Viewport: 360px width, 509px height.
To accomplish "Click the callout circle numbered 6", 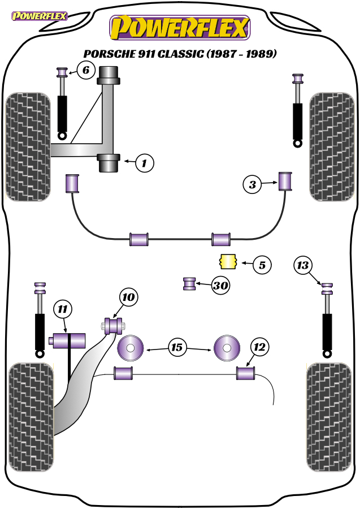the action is click(x=86, y=70).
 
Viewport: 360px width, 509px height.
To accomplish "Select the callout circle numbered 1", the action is click(x=144, y=163).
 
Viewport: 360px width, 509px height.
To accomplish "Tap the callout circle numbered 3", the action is click(x=252, y=185).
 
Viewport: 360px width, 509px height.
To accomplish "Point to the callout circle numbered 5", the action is click(x=262, y=265).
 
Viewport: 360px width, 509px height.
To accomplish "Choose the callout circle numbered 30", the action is click(x=220, y=286).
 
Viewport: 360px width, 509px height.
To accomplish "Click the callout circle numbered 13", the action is click(x=303, y=265).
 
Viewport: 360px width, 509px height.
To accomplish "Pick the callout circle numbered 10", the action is click(x=129, y=297).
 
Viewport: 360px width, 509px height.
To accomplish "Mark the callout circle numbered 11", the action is click(x=63, y=309).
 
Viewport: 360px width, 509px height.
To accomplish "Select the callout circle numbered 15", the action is click(x=177, y=348).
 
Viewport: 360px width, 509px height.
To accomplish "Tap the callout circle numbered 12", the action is click(x=259, y=347).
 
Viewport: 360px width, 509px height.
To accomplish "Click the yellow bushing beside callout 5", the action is click(x=228, y=261).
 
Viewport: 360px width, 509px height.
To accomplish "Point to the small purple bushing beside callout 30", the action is click(x=189, y=284).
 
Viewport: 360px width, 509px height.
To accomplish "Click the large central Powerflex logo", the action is click(x=180, y=28).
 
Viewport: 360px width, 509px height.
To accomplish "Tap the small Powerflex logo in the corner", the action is click(x=40, y=16).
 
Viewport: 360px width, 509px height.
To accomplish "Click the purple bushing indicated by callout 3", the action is click(x=285, y=181).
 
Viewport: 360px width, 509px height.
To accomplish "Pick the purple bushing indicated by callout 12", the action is click(x=245, y=373).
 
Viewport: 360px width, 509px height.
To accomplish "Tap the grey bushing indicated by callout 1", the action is click(x=109, y=163).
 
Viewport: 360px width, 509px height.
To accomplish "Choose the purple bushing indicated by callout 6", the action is click(x=62, y=72).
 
